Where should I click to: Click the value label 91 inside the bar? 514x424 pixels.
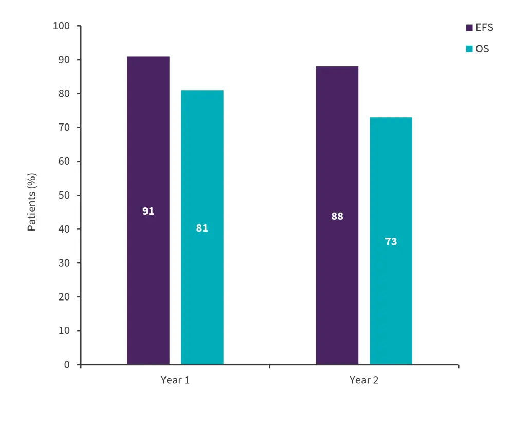click(148, 211)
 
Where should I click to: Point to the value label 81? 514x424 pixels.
click(202, 228)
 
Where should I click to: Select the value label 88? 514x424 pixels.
click(337, 217)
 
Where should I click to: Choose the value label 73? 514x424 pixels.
click(391, 241)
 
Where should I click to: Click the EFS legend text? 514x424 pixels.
click(484, 28)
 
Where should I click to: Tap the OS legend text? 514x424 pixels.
click(482, 49)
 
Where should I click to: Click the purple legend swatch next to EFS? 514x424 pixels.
click(469, 28)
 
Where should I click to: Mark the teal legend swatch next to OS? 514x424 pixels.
click(469, 49)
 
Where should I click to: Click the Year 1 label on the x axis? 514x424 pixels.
click(175, 380)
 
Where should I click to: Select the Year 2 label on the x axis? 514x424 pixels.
click(364, 380)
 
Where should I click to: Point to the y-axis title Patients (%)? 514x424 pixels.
click(32, 202)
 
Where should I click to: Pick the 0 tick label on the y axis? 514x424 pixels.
click(66, 365)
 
